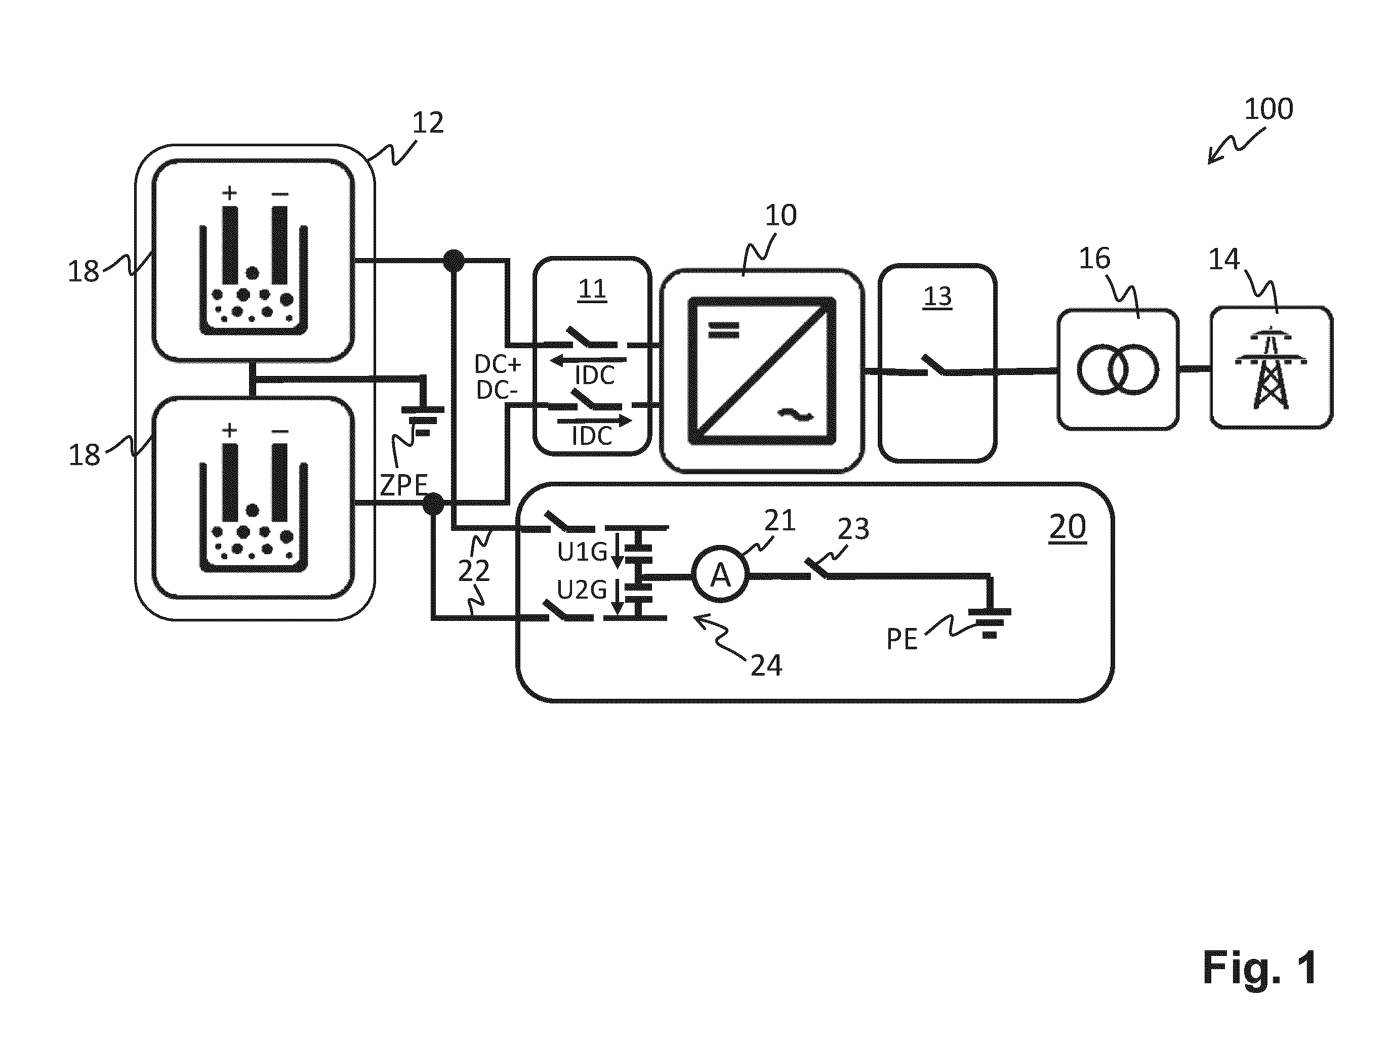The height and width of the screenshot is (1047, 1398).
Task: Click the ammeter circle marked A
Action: (x=720, y=574)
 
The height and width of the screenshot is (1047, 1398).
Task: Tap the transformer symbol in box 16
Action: (x=1118, y=369)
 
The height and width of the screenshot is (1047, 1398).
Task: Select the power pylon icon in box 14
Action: (x=1271, y=368)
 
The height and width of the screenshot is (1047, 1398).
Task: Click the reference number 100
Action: (x=1268, y=109)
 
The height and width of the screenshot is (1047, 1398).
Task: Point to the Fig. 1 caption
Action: (x=1260, y=967)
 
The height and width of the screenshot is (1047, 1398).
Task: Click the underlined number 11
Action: (x=592, y=290)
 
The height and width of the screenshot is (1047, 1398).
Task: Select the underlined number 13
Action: (x=937, y=297)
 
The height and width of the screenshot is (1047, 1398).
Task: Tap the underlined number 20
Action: (x=1067, y=527)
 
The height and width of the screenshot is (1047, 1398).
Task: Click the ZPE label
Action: (x=403, y=485)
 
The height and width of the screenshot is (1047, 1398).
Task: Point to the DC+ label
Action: (x=498, y=364)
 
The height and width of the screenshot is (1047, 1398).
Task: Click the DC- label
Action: (x=497, y=391)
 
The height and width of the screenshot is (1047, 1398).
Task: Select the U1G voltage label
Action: (x=582, y=552)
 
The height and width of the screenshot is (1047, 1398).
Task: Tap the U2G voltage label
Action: (x=582, y=590)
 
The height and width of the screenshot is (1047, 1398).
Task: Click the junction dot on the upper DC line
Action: (x=453, y=260)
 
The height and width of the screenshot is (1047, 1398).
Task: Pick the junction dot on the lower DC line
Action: (x=433, y=504)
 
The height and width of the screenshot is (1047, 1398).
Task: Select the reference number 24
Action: (x=766, y=666)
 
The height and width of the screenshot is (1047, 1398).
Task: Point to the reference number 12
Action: (x=428, y=122)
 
